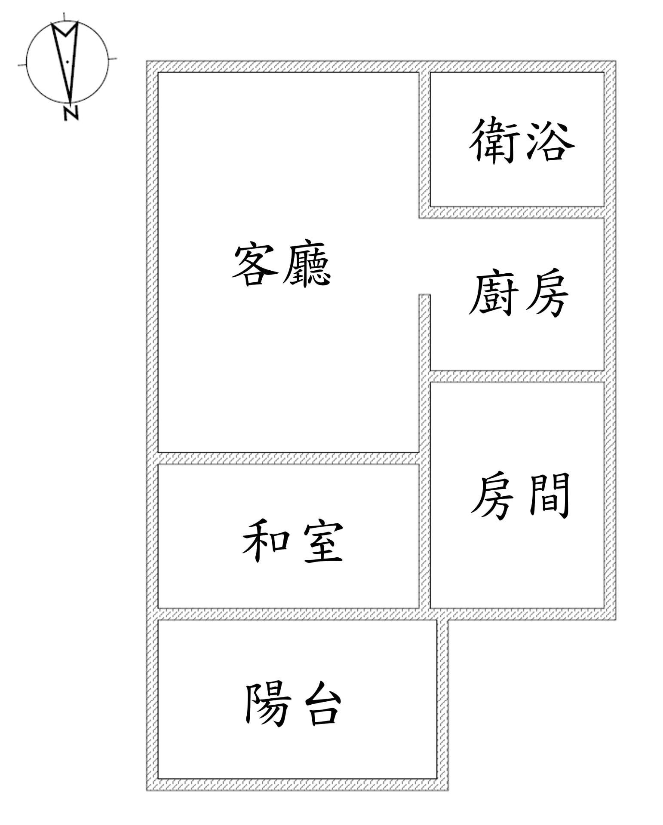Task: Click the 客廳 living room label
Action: tap(281, 263)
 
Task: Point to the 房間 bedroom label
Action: tap(520, 496)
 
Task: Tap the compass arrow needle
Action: tap(67, 60)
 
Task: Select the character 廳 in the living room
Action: tap(307, 263)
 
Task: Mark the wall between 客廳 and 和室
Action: tap(288, 458)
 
